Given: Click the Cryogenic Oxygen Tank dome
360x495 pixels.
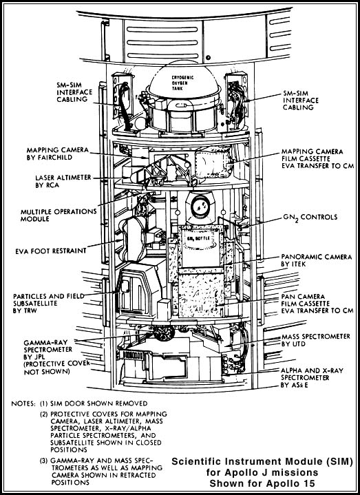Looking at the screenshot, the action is point(184,81).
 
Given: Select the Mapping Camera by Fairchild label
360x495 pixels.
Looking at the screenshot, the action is point(58,154).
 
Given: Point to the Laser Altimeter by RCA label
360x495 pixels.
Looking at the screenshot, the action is point(63,181).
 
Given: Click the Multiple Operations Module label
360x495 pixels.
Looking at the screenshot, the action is point(59,215).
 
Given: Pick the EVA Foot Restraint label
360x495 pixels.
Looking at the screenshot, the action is point(51,251).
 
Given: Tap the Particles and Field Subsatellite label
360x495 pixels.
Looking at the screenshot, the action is point(49,304).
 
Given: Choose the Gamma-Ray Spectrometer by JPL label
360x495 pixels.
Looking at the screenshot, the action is point(57,357).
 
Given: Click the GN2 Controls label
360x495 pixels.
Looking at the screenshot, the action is point(310,218).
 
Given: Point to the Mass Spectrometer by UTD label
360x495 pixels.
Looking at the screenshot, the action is point(316,340).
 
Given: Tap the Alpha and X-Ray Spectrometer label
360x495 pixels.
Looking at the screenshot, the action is point(312,377).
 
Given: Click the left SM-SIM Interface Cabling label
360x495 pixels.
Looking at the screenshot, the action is point(74,92).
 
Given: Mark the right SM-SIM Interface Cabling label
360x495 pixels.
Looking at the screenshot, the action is point(301,101).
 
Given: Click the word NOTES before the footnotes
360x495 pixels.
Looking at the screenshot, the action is point(23,403).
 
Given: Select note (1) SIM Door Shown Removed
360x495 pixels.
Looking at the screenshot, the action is point(94,403).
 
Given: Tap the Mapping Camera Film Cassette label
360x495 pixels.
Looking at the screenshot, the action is point(317,158).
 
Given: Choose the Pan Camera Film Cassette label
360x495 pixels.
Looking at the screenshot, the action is point(317,304).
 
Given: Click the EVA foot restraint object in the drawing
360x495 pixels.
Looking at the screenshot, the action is point(134,240).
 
